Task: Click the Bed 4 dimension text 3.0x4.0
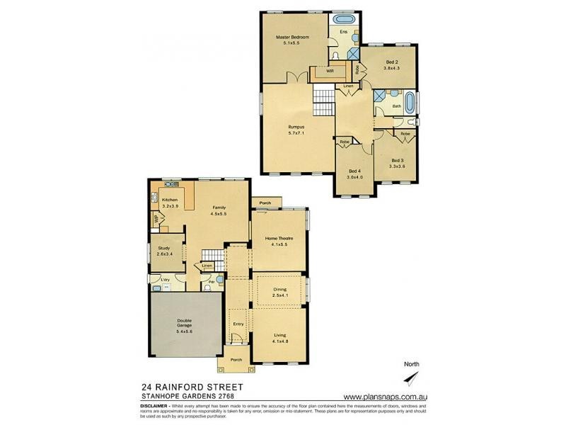point(355,177)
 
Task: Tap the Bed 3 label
point(398,161)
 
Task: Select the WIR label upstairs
point(329,72)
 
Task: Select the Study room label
point(163,248)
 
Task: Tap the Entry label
point(238,324)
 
